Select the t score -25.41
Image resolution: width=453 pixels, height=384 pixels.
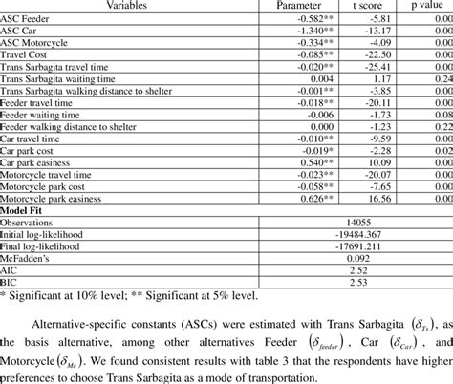point(378,68)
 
